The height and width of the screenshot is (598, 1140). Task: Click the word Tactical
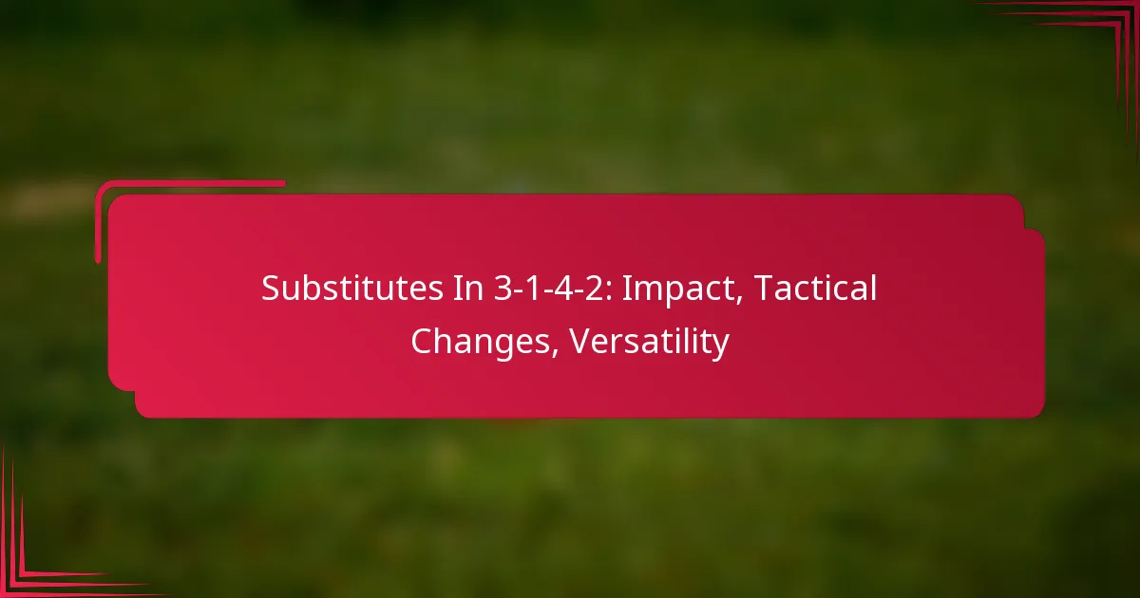819,290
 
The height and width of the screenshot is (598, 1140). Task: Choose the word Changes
484,342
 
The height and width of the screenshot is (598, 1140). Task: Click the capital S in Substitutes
271,290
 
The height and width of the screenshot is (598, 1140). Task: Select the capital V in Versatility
581,342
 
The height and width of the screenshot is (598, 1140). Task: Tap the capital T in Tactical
769,290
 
